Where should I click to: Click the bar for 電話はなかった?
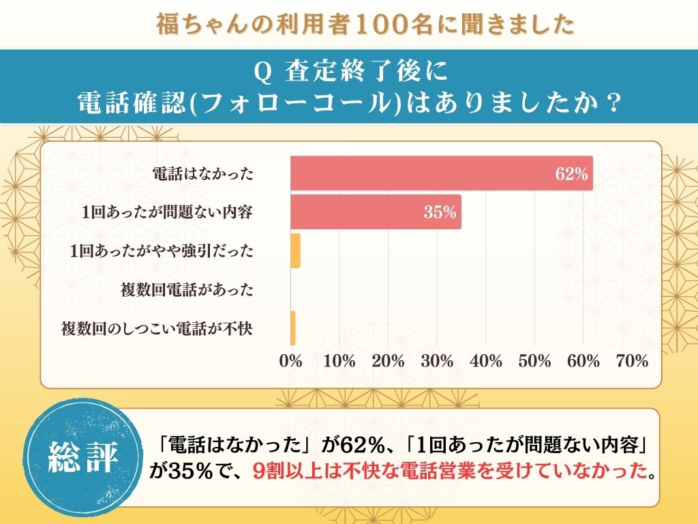442,173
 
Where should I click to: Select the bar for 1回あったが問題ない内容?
376,212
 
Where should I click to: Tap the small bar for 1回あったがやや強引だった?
295,251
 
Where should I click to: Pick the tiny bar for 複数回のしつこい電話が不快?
292,328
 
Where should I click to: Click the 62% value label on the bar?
571,174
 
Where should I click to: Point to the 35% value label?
440,212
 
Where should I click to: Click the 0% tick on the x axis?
291,362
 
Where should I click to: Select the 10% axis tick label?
339,362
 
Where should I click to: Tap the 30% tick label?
437,362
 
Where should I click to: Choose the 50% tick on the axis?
534,362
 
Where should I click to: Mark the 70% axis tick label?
632,362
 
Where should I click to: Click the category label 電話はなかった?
202,174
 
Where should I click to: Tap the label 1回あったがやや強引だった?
162,251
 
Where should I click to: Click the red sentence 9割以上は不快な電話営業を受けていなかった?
448,471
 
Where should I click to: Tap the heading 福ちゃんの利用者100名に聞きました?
364,24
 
